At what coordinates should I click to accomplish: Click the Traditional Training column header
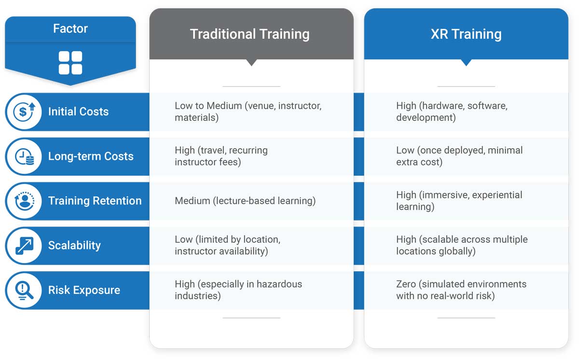click(249, 34)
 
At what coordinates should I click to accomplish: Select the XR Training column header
click(466, 34)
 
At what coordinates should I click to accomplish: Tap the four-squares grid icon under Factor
click(70, 63)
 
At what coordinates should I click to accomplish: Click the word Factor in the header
click(70, 29)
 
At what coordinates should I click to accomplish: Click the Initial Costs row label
click(78, 112)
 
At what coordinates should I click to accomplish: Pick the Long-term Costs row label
click(91, 156)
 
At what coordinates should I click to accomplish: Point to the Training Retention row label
click(95, 201)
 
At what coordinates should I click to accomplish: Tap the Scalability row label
click(74, 246)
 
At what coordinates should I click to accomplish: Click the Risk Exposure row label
click(84, 291)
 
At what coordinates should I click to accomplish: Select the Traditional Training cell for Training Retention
click(245, 201)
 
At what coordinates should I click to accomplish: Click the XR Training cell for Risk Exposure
click(461, 290)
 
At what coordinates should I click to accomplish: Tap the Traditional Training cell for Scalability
click(227, 245)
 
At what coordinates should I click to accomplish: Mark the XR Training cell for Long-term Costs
click(459, 156)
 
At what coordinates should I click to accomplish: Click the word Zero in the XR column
click(406, 284)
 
